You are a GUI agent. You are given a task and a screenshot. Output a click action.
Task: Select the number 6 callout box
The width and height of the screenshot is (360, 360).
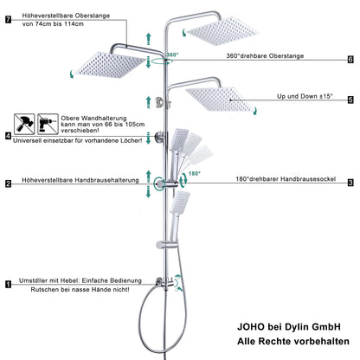pyautogui.click(x=350, y=60)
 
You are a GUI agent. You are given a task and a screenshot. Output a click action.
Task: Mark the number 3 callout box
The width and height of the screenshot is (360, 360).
pyautogui.click(x=350, y=183)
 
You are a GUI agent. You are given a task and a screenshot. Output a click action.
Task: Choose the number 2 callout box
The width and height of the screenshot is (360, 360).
pyautogui.click(x=8, y=183)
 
